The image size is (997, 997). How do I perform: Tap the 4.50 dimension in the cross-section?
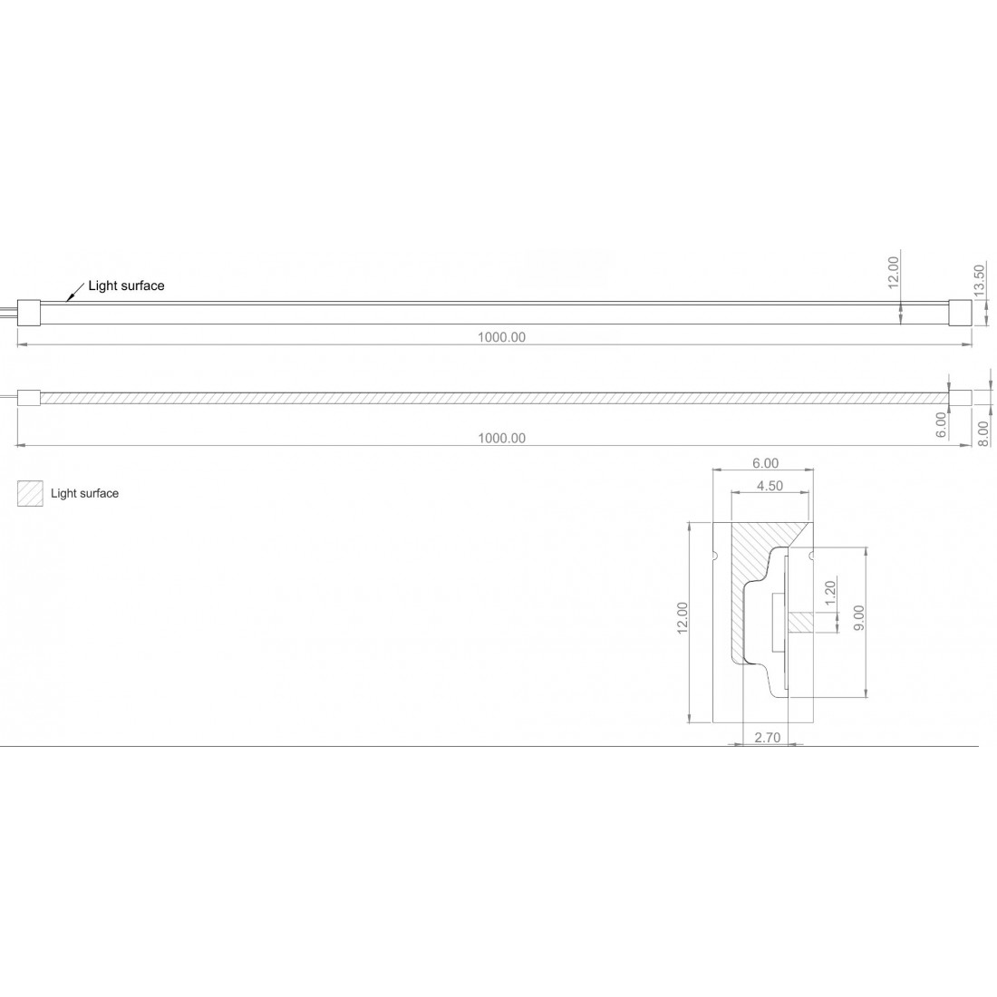pyautogui.click(x=769, y=486)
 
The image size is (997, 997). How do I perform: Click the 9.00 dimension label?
pyautogui.click(x=858, y=623)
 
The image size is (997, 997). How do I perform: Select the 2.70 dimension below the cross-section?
pyautogui.click(x=767, y=738)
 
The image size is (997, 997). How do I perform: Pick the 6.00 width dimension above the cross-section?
pyautogui.click(x=765, y=463)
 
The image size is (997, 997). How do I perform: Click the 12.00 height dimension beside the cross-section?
pyautogui.click(x=682, y=621)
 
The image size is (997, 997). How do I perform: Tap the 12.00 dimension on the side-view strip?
pyautogui.click(x=892, y=272)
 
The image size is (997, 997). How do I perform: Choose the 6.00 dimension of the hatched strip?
pyautogui.click(x=941, y=424)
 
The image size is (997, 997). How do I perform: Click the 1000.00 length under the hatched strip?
pyautogui.click(x=501, y=438)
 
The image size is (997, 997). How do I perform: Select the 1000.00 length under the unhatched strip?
pyautogui.click(x=501, y=337)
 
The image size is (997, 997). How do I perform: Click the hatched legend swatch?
pyautogui.click(x=30, y=493)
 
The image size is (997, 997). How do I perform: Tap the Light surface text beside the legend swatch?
pyautogui.click(x=84, y=493)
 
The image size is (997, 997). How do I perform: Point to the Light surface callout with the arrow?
pyautogui.click(x=126, y=286)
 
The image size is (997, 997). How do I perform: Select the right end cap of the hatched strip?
pyautogui.click(x=959, y=398)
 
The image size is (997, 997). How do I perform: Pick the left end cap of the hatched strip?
pyautogui.click(x=29, y=398)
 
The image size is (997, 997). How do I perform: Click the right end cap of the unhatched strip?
pyautogui.click(x=959, y=314)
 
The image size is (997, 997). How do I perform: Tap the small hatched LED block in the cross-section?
pyautogui.click(x=802, y=622)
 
